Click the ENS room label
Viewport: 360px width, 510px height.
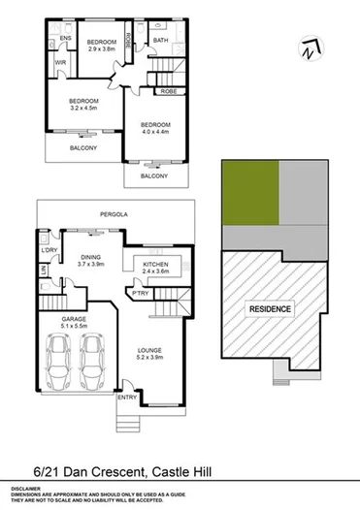coord(66,39)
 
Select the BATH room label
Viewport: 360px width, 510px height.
coord(160,40)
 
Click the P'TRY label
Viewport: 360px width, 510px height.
coord(141,293)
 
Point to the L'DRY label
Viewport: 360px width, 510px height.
coord(50,252)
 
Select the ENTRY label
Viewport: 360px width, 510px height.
coord(127,398)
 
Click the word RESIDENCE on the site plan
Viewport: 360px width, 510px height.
coord(270,308)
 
